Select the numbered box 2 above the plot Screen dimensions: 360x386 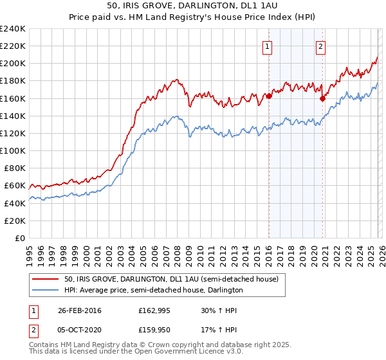click(x=320, y=46)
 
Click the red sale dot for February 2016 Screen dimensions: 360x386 click(x=269, y=96)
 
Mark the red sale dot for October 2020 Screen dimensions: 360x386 click(x=322, y=98)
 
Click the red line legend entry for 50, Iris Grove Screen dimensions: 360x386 click(x=171, y=280)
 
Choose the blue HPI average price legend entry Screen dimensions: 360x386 click(x=153, y=291)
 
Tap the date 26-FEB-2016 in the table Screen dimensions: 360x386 click(x=79, y=310)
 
